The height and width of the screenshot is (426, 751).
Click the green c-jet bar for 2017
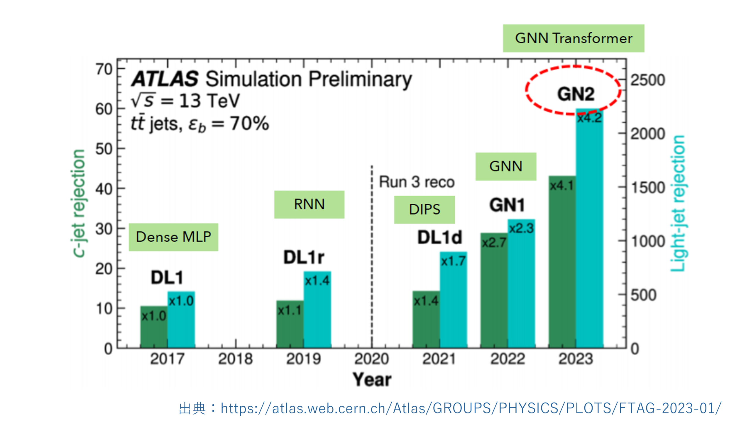click(154, 327)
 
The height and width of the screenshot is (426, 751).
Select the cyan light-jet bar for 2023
click(590, 228)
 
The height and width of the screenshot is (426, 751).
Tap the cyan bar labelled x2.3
click(521, 284)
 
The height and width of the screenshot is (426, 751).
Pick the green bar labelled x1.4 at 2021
click(426, 319)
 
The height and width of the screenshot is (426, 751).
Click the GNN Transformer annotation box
click(574, 38)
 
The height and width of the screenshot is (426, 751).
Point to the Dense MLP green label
click(173, 237)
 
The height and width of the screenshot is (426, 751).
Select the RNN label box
click(309, 204)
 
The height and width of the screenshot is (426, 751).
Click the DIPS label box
click(424, 209)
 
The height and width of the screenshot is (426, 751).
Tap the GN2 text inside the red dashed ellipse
click(576, 94)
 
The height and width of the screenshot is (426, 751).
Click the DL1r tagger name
click(304, 257)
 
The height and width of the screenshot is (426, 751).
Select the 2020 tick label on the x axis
click(372, 359)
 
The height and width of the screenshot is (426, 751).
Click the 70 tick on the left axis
click(104, 70)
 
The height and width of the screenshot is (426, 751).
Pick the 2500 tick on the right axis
click(648, 80)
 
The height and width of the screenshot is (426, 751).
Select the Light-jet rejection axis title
click(678, 203)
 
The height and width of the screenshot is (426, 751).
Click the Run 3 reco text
click(417, 182)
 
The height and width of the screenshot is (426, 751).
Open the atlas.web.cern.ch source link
click(471, 408)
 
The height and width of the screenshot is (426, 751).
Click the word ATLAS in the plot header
click(165, 79)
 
